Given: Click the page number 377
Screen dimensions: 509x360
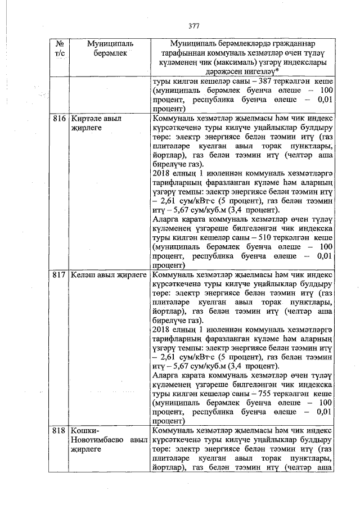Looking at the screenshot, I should (194, 26).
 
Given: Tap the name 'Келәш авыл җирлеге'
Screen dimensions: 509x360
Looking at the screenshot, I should (108, 276).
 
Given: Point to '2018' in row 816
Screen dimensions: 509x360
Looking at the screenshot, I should (161, 173).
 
